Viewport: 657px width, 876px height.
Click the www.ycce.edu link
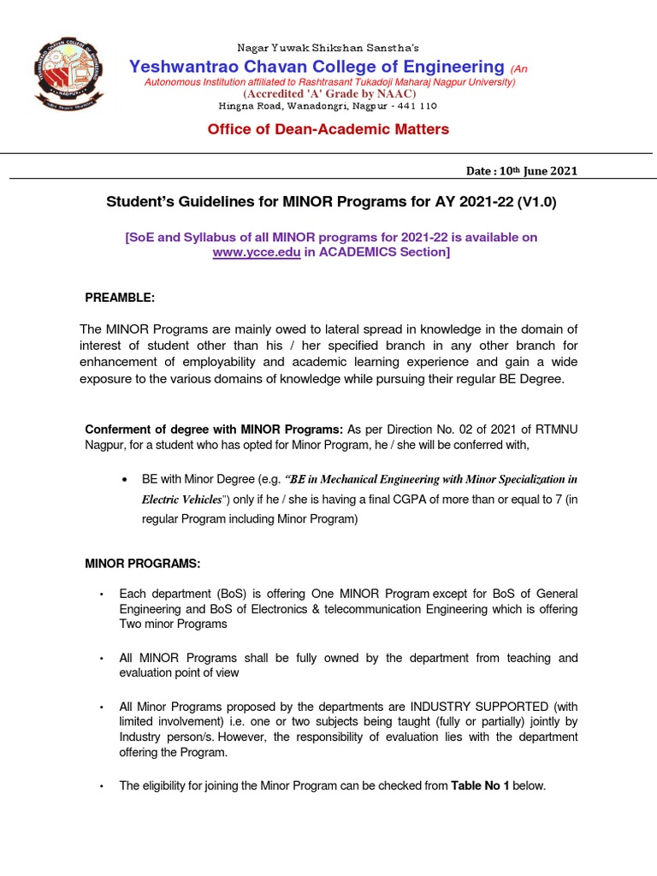click(256, 253)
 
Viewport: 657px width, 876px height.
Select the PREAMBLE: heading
click(120, 297)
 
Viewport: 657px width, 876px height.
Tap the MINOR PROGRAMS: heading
click(142, 564)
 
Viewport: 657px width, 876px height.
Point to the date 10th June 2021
click(537, 171)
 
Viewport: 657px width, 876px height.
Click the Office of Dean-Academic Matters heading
click(328, 129)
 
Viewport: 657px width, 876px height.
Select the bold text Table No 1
click(480, 785)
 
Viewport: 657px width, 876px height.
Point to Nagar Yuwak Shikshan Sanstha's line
click(328, 48)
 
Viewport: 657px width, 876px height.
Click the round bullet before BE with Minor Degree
click(127, 479)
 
